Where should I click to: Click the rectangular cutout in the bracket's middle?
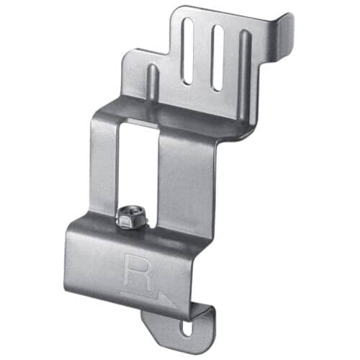(x=138, y=166)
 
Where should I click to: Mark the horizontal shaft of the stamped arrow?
(x=140, y=292)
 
